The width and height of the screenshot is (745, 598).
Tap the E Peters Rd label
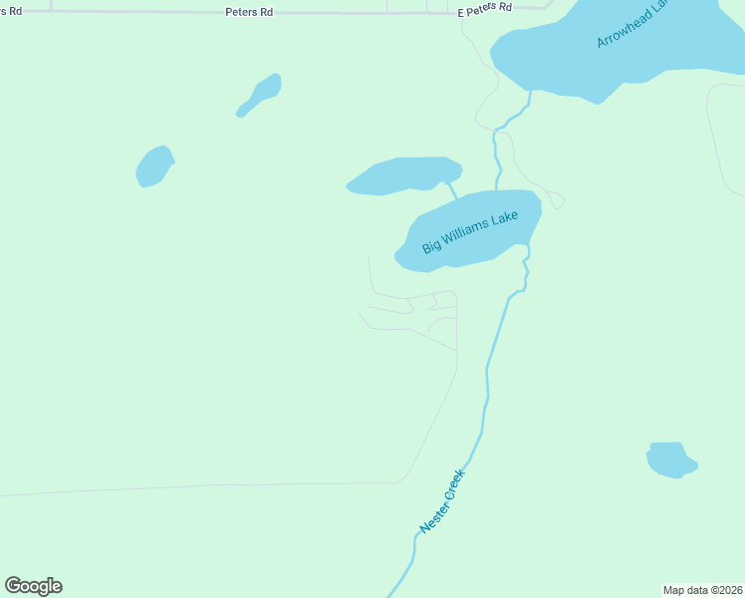[484, 7]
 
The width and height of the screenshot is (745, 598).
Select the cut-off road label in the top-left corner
[11, 10]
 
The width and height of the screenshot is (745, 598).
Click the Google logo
[34, 586]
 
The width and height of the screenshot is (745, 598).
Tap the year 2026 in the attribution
[731, 590]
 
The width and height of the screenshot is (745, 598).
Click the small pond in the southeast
[670, 459]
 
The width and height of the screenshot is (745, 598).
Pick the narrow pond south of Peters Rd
[260, 95]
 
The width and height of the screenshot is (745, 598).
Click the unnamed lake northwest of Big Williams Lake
[403, 175]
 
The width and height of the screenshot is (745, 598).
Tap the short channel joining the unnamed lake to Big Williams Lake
[451, 189]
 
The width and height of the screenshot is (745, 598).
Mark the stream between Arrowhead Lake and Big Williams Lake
[497, 149]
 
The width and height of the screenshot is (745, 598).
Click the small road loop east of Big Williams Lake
[556, 199]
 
